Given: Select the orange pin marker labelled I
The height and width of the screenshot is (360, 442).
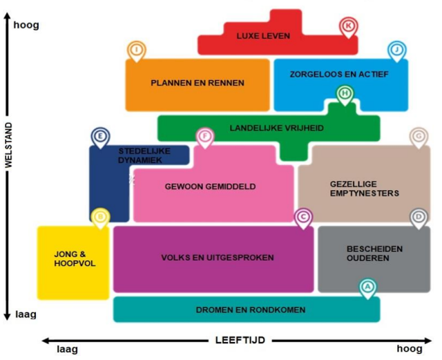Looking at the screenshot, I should pos(137,50).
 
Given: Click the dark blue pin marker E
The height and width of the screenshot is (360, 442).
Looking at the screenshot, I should pos(100,137).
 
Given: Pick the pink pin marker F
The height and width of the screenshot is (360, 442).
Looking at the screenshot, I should pos(204,137).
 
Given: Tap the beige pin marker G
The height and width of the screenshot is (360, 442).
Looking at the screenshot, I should pos(418,137).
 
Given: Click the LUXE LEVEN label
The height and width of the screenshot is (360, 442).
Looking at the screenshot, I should pos(263,36).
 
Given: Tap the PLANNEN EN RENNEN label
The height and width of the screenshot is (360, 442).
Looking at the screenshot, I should pos(198,83).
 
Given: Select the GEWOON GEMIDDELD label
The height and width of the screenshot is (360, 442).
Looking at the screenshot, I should pos(211,187).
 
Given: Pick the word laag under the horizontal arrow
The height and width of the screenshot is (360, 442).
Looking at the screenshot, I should pos(66,349).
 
